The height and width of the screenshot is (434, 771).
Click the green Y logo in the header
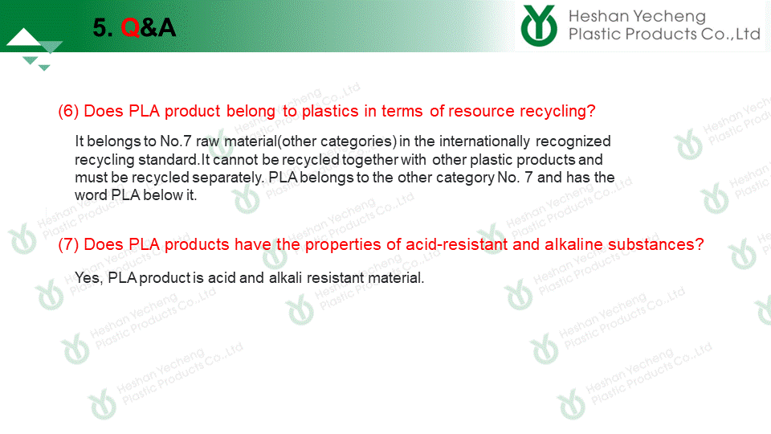(x=539, y=26)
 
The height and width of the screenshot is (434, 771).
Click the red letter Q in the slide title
(x=130, y=27)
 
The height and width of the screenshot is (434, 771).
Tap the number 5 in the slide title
(x=100, y=27)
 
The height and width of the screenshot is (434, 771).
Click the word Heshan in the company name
(x=592, y=16)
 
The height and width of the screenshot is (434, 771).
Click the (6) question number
(x=68, y=111)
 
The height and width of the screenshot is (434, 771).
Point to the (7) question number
(x=68, y=244)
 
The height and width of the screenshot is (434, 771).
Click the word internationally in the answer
(x=484, y=141)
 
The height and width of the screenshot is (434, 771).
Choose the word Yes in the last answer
(x=88, y=278)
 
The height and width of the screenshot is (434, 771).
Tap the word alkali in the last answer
(x=285, y=278)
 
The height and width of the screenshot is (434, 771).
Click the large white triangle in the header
(x=23, y=38)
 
